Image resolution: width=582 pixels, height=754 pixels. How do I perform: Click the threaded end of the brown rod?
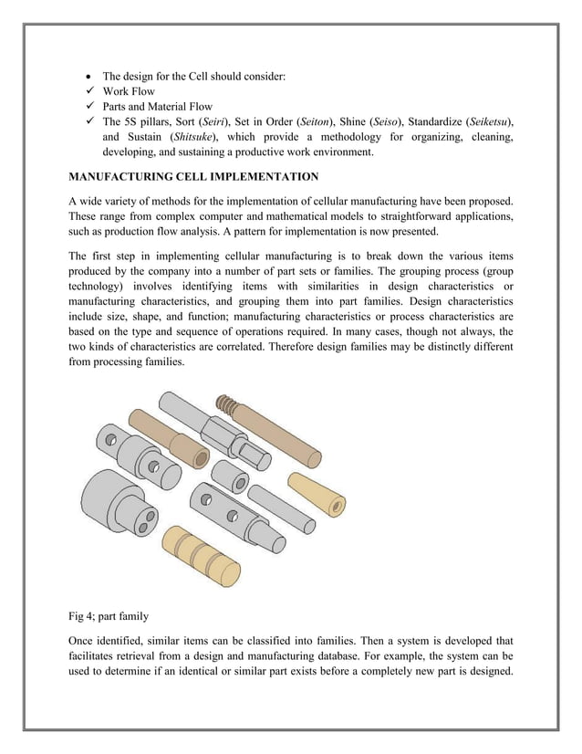tap(225, 404)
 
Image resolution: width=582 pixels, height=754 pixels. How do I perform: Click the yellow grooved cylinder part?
tap(194, 552)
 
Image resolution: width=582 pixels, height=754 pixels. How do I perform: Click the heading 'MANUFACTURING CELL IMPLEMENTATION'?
tap(193, 175)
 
